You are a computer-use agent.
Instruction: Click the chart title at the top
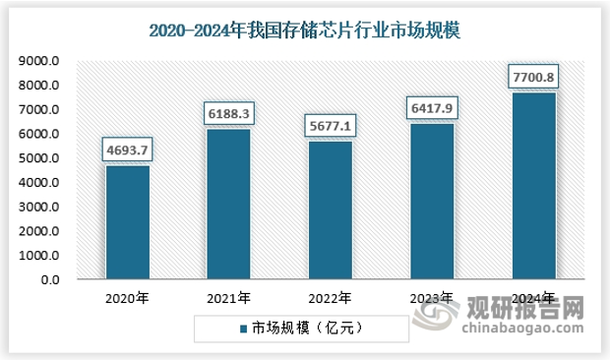304,30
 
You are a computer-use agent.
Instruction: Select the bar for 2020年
128,222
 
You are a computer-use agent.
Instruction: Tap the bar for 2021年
228,205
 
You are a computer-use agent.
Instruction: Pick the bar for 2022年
330,210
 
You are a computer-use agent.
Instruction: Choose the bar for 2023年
431,202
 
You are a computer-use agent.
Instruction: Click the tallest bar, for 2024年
532,186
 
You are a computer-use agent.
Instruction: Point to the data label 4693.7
128,150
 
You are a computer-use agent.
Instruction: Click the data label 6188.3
228,114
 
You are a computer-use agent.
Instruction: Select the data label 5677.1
330,127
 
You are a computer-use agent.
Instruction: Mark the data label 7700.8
532,77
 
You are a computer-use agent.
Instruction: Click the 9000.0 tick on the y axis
40,61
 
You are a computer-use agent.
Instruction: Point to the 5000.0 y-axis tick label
40,158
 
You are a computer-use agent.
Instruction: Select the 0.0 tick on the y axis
50,280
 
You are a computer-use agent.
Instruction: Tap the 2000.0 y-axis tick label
40,231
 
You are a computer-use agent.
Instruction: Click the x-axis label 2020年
128,297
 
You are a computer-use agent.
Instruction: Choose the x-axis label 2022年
330,297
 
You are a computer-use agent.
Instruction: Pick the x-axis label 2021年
228,297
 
